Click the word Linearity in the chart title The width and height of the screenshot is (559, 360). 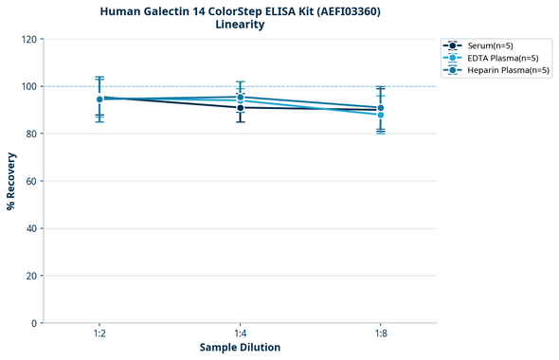click(x=240, y=25)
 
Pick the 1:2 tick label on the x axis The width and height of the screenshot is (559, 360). click(x=99, y=334)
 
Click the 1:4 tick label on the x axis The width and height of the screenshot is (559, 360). click(x=240, y=334)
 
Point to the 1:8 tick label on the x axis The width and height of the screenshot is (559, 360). click(x=380, y=334)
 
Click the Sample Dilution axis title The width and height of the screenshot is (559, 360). click(x=240, y=348)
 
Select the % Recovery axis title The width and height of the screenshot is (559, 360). click(x=11, y=181)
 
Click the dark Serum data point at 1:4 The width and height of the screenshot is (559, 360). click(x=240, y=108)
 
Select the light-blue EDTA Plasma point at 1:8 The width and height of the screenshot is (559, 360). click(x=380, y=115)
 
